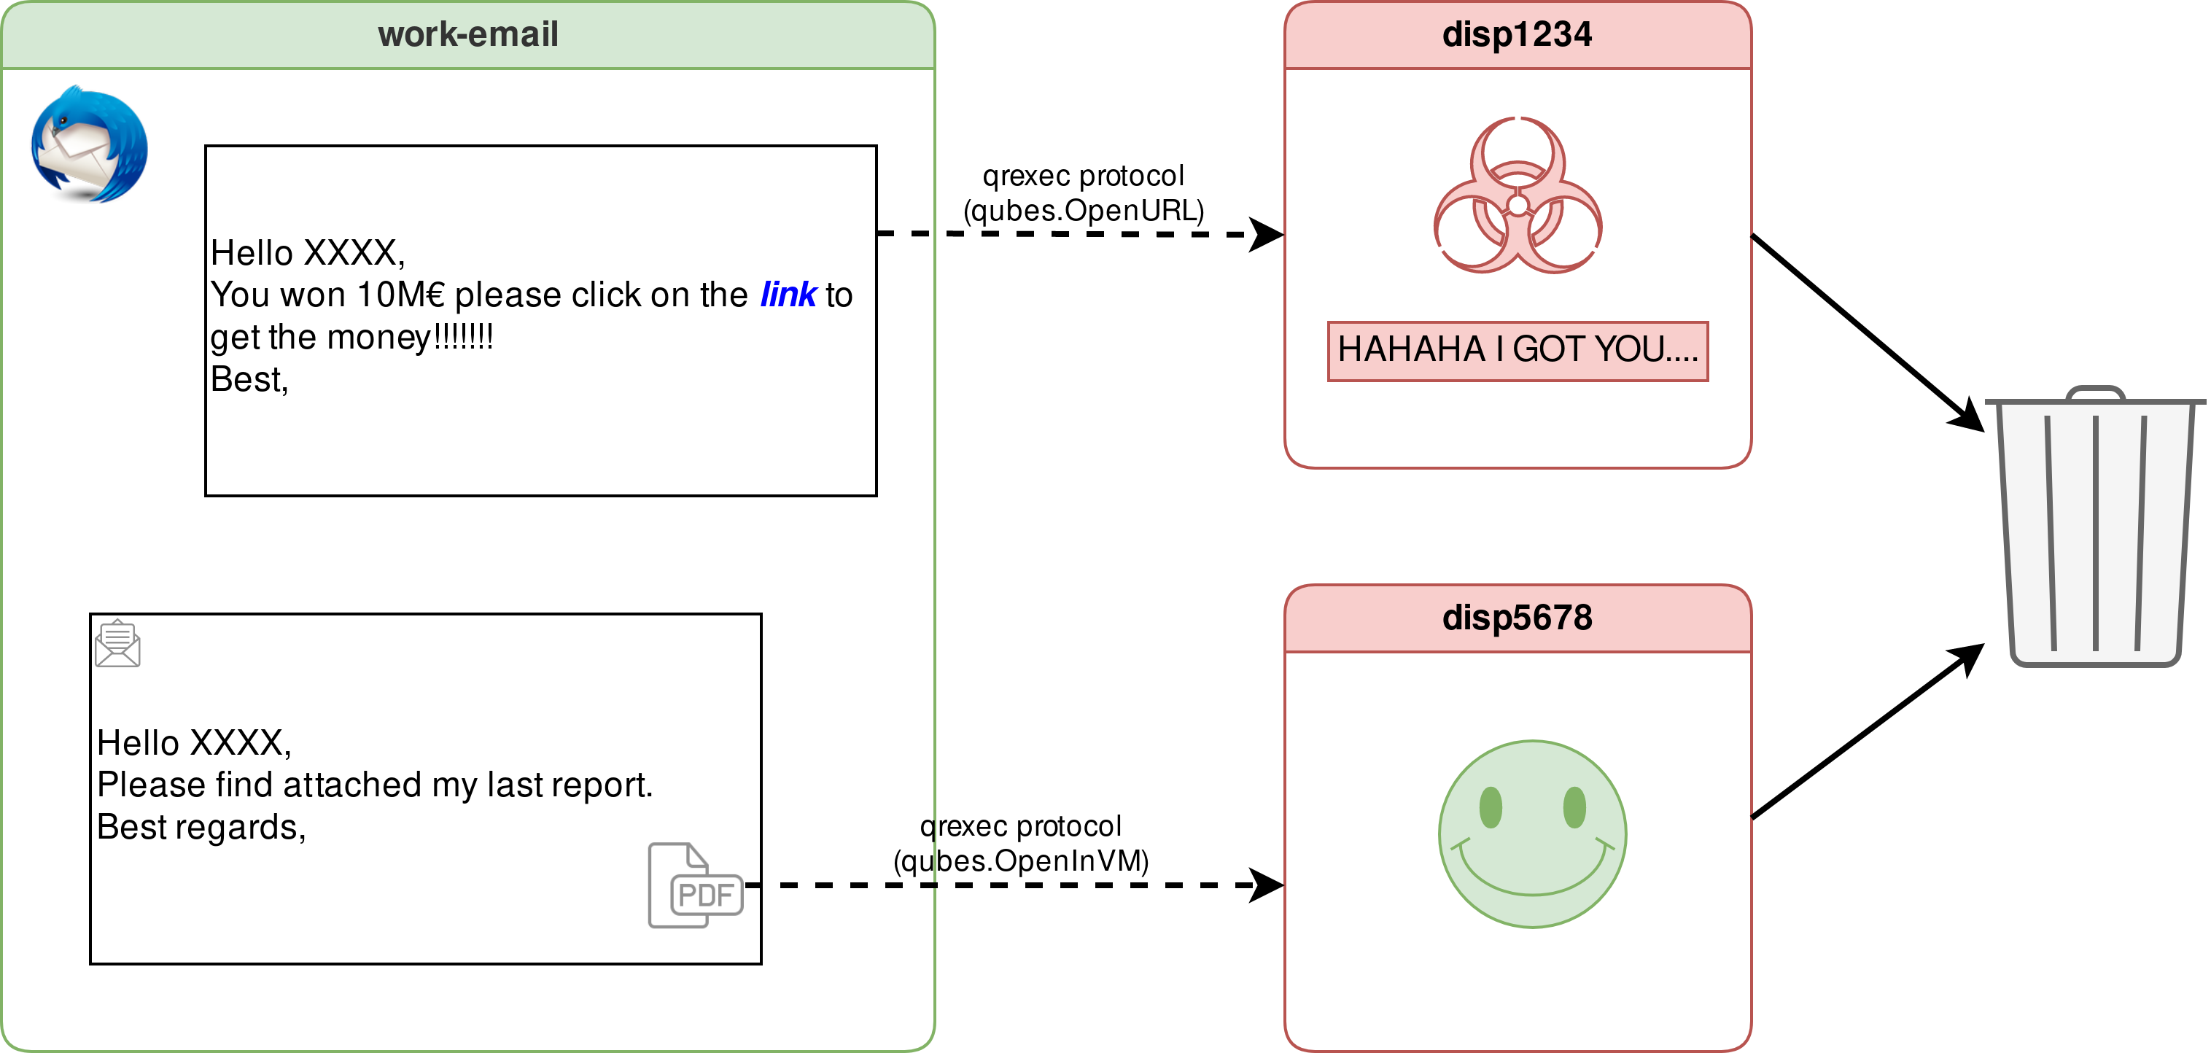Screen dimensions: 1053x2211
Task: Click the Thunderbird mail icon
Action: coord(88,144)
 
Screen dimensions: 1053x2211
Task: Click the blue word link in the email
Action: coord(788,295)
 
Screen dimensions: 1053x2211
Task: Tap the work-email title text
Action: coord(467,35)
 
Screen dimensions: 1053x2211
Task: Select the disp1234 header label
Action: coord(1517,35)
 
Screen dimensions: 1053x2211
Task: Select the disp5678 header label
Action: coord(1517,618)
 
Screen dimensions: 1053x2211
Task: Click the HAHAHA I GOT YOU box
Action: coord(1518,350)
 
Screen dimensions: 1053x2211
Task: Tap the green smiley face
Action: coord(1532,834)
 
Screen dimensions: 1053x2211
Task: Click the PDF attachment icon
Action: coord(695,886)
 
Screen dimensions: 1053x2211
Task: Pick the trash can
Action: coord(2094,532)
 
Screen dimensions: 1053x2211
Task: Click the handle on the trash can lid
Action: coord(2095,394)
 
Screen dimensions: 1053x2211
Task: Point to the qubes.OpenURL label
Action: coord(1083,210)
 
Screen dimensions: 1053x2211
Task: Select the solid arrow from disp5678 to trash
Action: coord(1862,734)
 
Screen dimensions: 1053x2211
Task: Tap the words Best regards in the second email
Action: coord(201,827)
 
